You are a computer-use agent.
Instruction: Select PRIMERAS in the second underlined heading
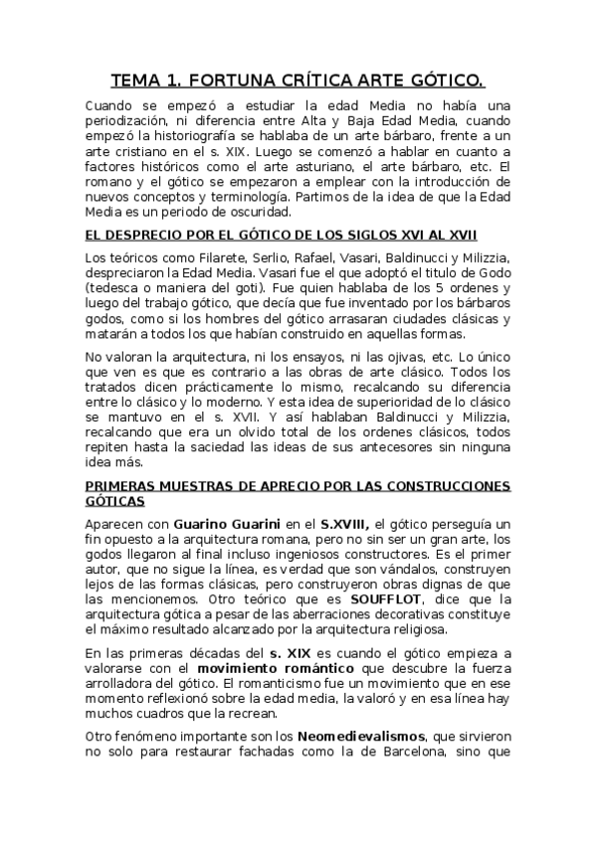[123, 486]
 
